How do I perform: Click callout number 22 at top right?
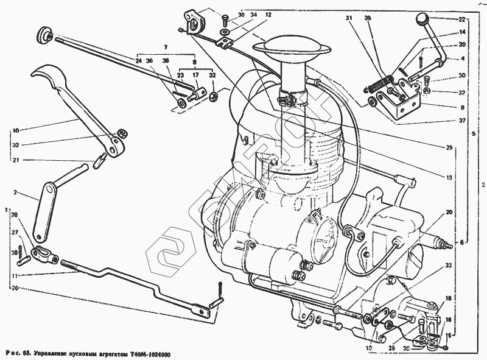coord(463,19)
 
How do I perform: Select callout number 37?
coord(463,121)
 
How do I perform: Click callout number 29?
coord(449,148)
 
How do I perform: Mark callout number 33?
coord(449,266)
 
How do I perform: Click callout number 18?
coord(449,298)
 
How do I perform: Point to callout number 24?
coord(139,60)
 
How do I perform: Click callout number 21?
coord(16,160)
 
